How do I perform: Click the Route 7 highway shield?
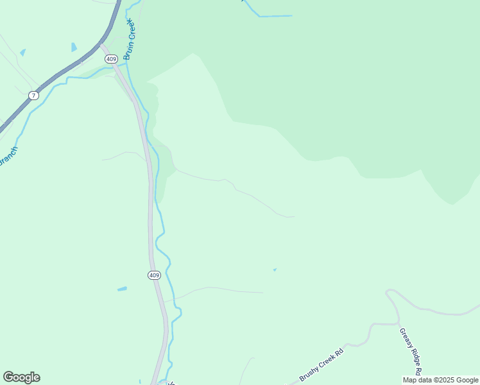(x=33, y=96)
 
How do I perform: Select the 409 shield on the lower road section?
(x=153, y=275)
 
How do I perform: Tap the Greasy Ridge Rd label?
(x=410, y=352)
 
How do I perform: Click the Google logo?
(x=21, y=377)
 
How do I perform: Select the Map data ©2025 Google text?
(x=440, y=380)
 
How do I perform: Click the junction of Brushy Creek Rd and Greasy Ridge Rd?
(x=396, y=324)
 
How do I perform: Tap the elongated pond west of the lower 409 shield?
(x=122, y=289)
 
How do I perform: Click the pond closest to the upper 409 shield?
(x=74, y=47)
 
